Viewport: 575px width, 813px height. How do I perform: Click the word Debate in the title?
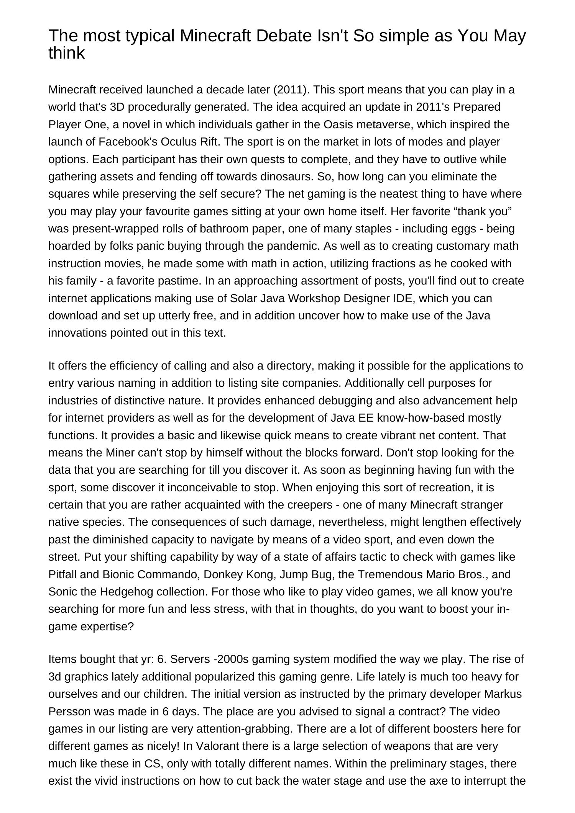click(284, 36)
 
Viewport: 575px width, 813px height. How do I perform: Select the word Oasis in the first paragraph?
click(339, 124)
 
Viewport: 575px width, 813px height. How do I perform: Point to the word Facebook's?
click(128, 142)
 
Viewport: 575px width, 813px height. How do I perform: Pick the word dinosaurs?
click(287, 177)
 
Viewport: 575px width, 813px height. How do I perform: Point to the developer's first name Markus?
click(503, 694)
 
